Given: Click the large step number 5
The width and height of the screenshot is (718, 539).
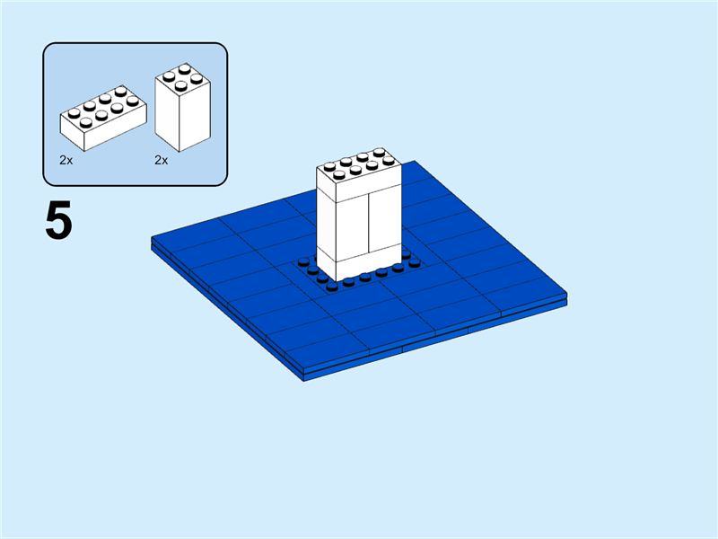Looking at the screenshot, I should pos(58,221).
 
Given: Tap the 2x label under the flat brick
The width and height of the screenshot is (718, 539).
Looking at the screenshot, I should pos(66,160).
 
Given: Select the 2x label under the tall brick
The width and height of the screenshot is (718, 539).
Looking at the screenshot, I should pos(162,160).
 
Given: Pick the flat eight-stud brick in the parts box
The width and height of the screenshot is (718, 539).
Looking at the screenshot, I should pos(103,119).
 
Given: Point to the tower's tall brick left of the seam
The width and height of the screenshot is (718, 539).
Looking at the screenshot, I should pos(342,225).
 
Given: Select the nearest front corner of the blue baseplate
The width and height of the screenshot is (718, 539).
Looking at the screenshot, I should pos(306,376).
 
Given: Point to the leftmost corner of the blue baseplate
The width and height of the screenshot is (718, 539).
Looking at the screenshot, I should pos(152,240).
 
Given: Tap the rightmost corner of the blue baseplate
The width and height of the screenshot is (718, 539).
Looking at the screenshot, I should pos(568,296).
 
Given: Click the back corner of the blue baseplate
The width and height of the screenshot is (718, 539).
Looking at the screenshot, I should pos(415,163).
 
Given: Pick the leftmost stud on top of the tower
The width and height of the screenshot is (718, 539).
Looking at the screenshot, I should pos(329,166).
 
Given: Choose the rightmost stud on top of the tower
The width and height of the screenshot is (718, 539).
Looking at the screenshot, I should pos(389,161).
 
